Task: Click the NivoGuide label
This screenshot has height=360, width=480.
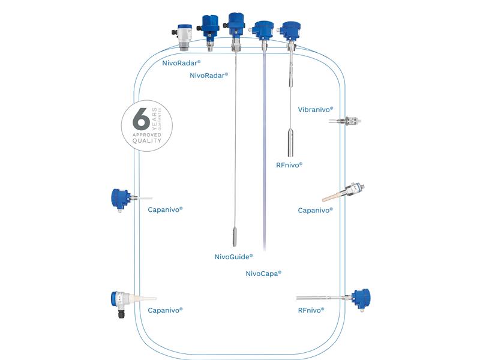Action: [x=233, y=257]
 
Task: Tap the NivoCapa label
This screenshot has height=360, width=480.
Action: [x=263, y=273]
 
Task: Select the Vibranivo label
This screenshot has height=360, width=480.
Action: [x=315, y=110]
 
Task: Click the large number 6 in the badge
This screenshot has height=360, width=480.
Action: [x=141, y=119]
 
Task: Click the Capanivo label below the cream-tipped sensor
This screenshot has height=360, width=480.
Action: [x=315, y=211]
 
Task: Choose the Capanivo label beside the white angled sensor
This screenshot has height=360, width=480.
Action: [x=165, y=310]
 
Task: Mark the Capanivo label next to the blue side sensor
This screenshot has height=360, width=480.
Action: [x=165, y=209]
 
